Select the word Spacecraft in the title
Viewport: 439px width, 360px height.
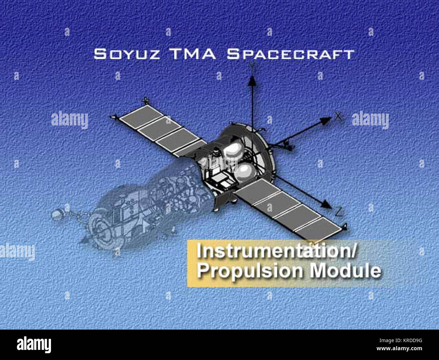pyautogui.click(x=291, y=54)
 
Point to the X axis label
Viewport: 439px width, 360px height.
pyautogui.click(x=338, y=117)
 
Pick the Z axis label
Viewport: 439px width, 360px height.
pyautogui.click(x=339, y=212)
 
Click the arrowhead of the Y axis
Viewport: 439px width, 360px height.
pyautogui.click(x=252, y=80)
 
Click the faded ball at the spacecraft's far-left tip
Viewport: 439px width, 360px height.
pyautogui.click(x=55, y=214)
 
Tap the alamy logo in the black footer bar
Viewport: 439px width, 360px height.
pyautogui.click(x=34, y=344)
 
